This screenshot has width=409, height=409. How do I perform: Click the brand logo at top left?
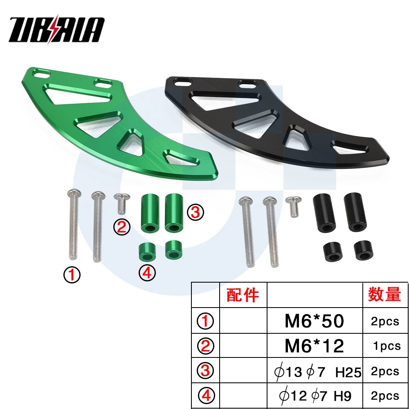[x=56, y=29]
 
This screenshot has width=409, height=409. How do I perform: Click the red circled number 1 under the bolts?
[x=72, y=275]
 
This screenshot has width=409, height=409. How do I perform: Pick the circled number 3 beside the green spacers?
[x=196, y=212]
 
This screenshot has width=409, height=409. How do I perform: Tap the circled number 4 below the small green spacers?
[x=147, y=273]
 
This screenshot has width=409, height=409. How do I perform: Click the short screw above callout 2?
[x=122, y=203]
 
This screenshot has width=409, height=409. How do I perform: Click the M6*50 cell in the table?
[x=314, y=321]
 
